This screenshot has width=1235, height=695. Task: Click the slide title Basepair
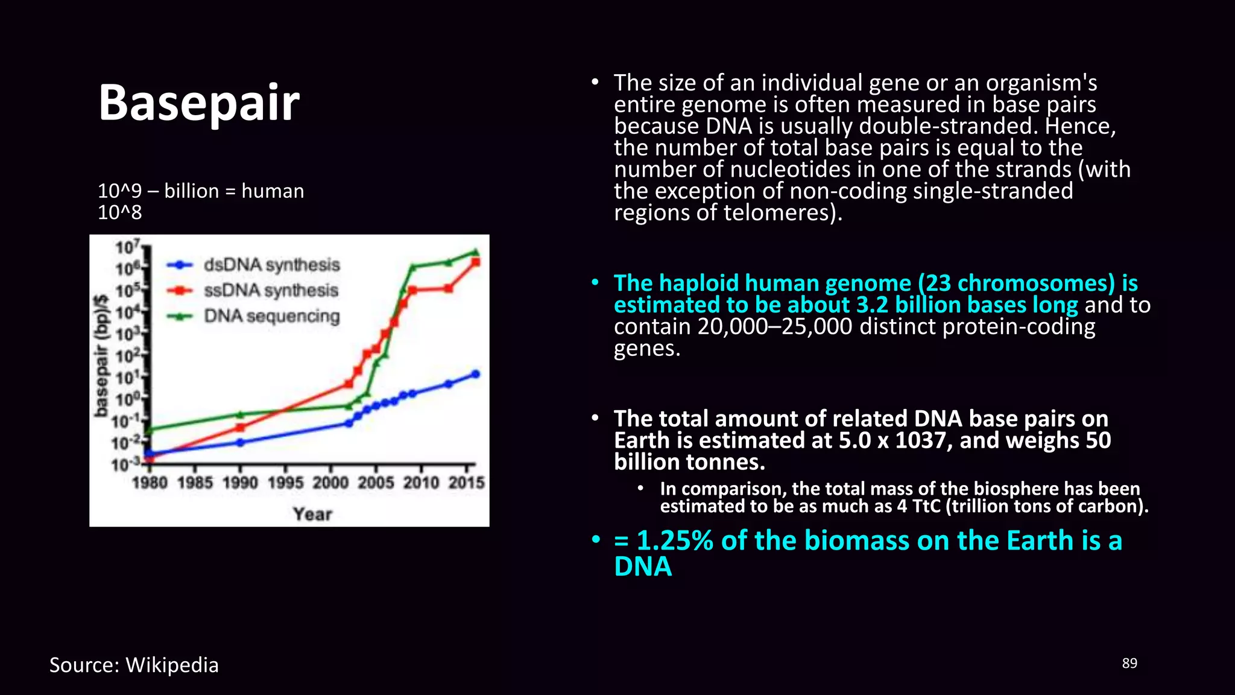198,103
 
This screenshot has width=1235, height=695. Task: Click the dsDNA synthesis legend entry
271,265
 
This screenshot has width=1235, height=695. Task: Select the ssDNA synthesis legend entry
271,290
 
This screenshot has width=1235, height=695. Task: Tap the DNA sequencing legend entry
271,316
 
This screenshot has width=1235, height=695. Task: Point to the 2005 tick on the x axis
376,469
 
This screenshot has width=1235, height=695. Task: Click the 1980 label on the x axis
150,483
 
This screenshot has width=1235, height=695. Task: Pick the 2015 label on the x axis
466,483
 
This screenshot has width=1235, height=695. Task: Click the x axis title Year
312,514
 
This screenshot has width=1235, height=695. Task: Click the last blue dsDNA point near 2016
475,374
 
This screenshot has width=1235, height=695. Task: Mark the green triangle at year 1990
240,414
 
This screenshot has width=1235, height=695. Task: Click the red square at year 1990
240,427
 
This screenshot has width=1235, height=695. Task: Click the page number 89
1129,663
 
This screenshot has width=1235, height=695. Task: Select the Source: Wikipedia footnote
134,665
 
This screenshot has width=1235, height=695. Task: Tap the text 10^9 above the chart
119,191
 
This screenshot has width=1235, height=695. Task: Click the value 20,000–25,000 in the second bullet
775,327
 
